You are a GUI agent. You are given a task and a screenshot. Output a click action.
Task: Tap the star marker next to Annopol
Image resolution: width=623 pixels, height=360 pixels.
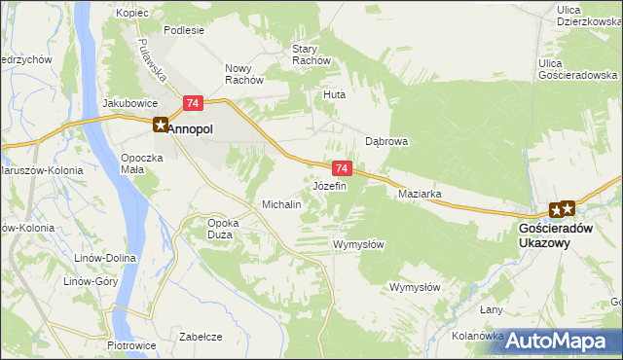pyautogui.click(x=160, y=124)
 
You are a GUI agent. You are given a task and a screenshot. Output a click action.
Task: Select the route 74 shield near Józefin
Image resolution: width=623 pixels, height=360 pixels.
pyautogui.click(x=341, y=168)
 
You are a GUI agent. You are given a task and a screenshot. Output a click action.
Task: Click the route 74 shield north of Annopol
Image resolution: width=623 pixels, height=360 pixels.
pyautogui.click(x=193, y=103)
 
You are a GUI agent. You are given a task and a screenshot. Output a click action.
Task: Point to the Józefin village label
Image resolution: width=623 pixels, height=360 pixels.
pyautogui.click(x=329, y=185)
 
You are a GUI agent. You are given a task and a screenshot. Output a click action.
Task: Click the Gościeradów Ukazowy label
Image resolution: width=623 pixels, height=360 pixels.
pyautogui.click(x=551, y=234)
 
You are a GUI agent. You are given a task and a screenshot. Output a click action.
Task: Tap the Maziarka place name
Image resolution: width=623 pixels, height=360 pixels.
pyautogui.click(x=421, y=194)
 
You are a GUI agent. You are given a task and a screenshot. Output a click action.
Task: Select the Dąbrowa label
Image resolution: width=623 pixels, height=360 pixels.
pyautogui.click(x=385, y=141)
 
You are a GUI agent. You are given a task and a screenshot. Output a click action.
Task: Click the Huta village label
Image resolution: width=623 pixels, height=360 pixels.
pyautogui.click(x=335, y=95)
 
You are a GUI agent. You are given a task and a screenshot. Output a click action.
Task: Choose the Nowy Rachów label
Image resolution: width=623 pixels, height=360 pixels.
pyautogui.click(x=244, y=74)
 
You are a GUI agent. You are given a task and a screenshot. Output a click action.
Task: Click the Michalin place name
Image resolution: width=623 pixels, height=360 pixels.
pyautogui.click(x=281, y=205)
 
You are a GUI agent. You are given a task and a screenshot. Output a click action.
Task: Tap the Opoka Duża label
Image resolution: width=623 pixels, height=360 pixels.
pyautogui.click(x=224, y=228)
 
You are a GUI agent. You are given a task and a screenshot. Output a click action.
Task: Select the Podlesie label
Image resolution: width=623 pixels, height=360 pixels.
pyautogui.click(x=184, y=30)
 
